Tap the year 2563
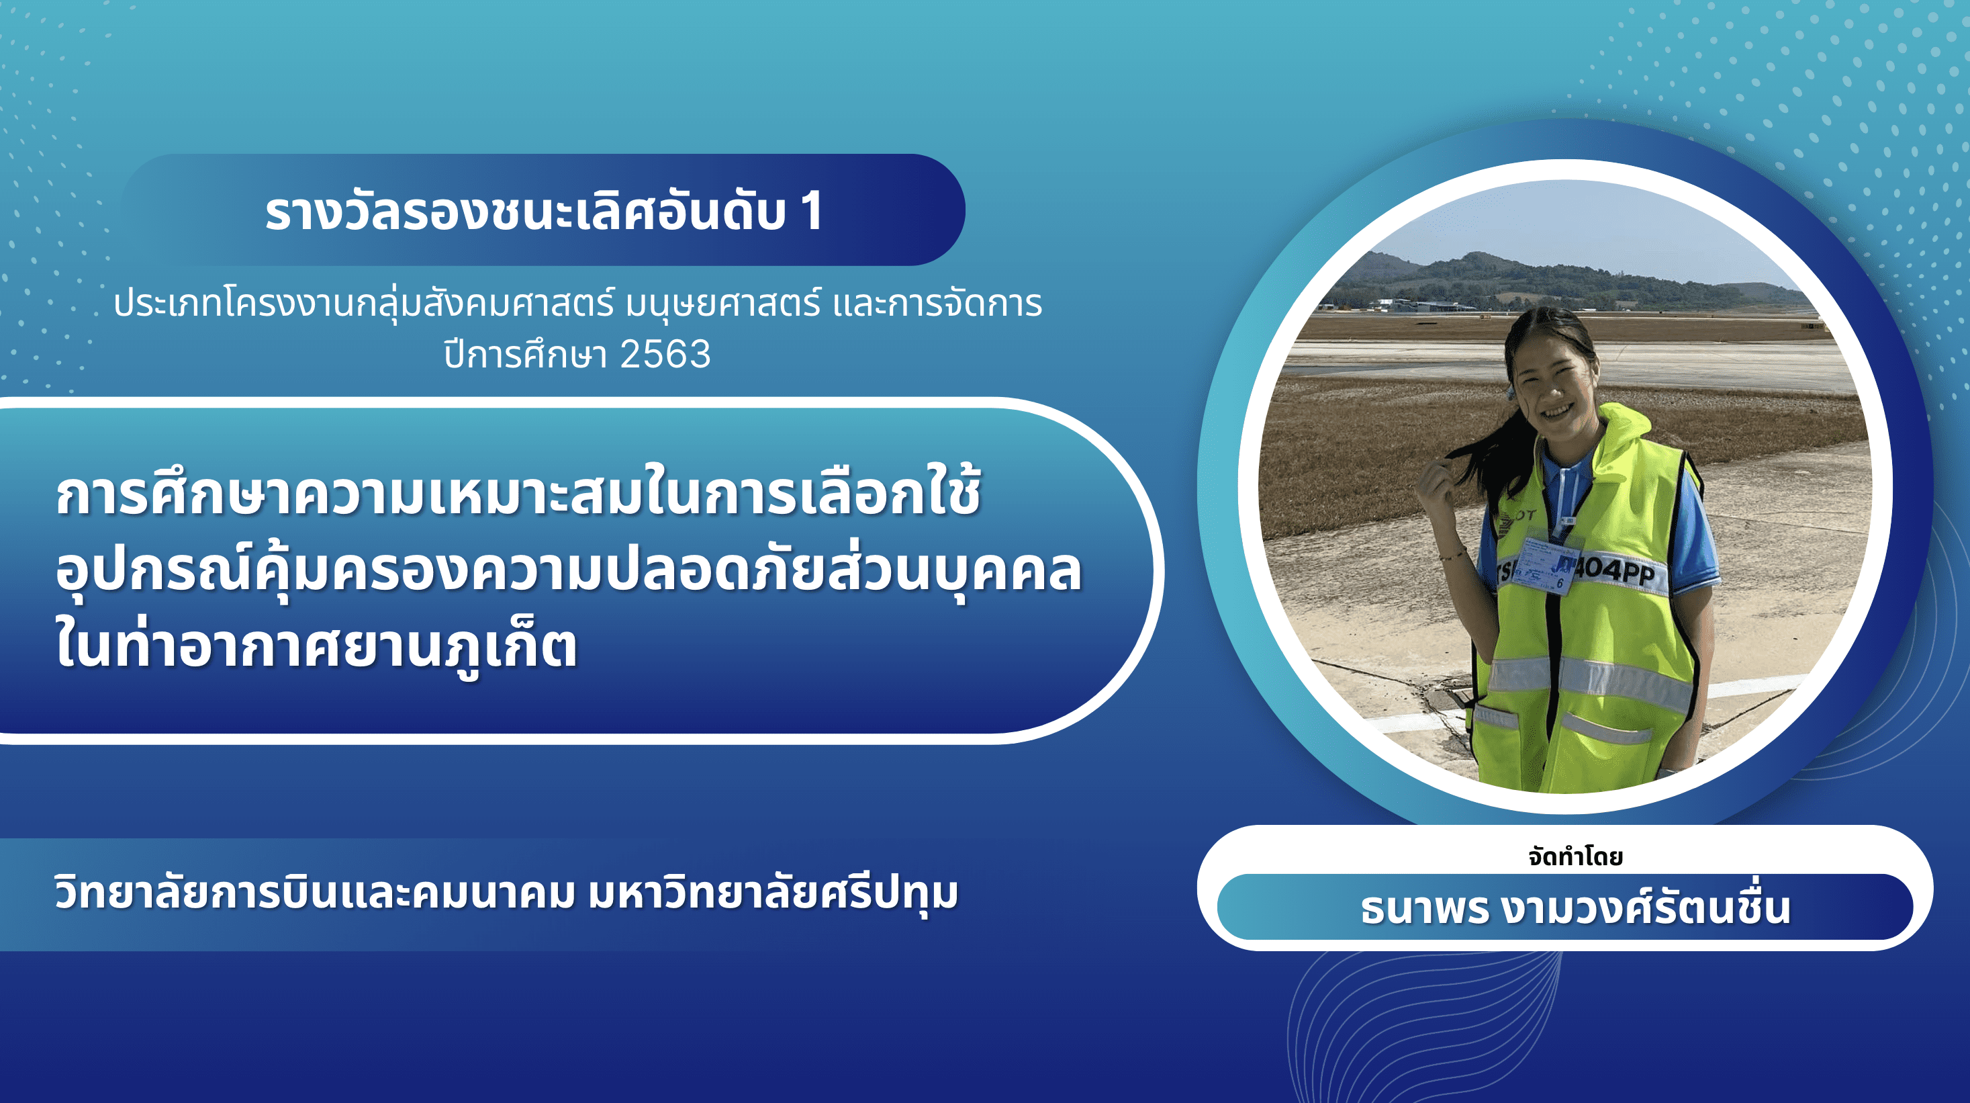[x=665, y=354]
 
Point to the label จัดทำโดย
[x=1575, y=856]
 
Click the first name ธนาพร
[x=1425, y=908]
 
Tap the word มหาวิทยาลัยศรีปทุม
[x=773, y=893]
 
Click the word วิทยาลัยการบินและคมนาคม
[x=314, y=893]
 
